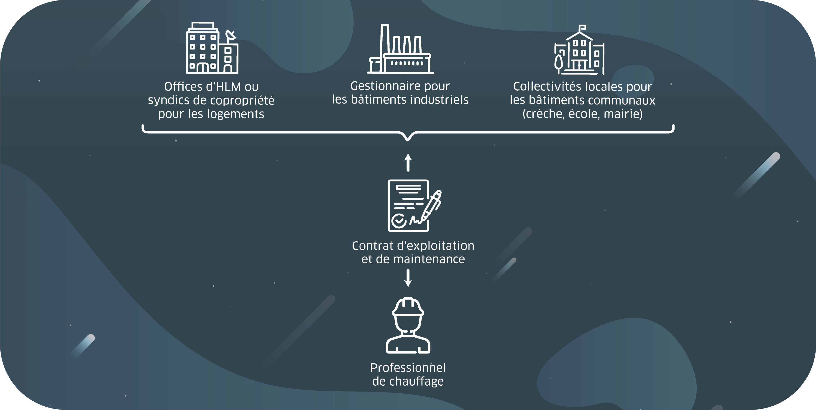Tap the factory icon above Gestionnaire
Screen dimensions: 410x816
point(400,50)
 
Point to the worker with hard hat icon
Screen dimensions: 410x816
point(408,326)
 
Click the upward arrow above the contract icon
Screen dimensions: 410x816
point(408,162)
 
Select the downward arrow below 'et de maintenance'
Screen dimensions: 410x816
point(408,278)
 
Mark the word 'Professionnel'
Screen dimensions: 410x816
point(408,368)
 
